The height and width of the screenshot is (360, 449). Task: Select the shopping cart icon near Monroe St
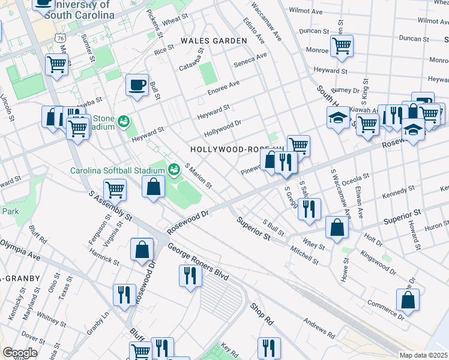pos(341,46)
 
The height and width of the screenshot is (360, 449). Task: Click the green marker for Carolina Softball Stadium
pos(174,169)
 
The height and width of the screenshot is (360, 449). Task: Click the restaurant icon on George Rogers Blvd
pos(190,276)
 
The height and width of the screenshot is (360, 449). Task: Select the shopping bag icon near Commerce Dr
pos(408,301)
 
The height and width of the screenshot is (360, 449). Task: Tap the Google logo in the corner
pos(20,352)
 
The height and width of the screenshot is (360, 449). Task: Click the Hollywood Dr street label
pos(221,127)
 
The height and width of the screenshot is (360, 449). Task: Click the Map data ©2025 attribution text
pos(423,355)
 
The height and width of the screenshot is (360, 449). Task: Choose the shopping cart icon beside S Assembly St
pos(114,190)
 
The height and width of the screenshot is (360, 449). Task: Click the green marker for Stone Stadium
pos(124,121)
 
